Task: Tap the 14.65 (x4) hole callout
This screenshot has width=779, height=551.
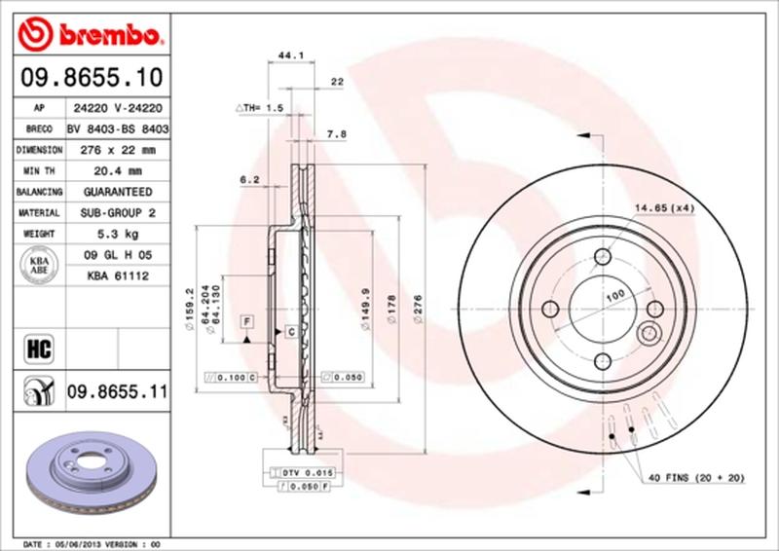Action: tap(665, 207)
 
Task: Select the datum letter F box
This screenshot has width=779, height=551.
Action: tap(247, 320)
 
